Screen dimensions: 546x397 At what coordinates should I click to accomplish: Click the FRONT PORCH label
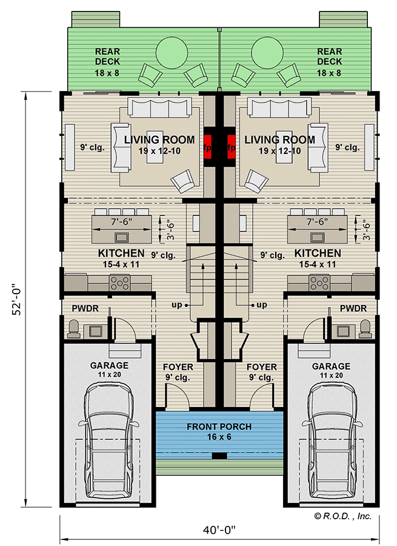click(x=219, y=426)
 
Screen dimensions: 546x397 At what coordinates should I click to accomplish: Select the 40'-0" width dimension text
click(x=219, y=528)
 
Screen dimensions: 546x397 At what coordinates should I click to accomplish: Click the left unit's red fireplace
click(x=209, y=147)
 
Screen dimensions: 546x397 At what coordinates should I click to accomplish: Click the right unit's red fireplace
click(x=230, y=147)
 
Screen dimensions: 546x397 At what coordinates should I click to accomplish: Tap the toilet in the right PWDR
click(x=364, y=328)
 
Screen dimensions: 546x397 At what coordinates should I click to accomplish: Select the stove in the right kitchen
click(x=320, y=282)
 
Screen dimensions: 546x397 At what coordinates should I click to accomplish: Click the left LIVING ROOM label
click(x=159, y=140)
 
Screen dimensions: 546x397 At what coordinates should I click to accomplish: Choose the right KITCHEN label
click(x=317, y=253)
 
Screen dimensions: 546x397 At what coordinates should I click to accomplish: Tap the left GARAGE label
click(x=109, y=366)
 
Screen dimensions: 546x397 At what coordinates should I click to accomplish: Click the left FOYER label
click(x=178, y=367)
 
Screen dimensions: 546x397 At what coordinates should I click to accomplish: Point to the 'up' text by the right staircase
click(x=262, y=304)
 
